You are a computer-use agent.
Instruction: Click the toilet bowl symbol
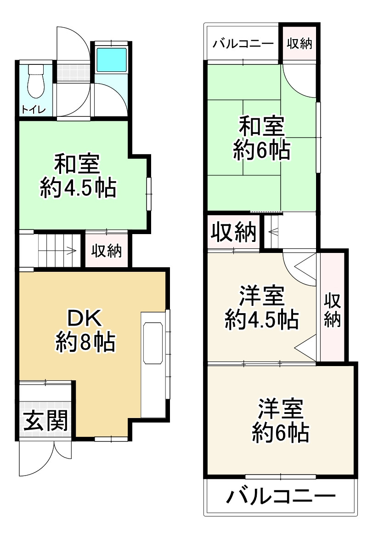point(35,81)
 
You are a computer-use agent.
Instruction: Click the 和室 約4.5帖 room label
point(77,176)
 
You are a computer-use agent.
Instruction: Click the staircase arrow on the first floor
point(57,251)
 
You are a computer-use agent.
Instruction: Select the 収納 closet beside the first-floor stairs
point(106,251)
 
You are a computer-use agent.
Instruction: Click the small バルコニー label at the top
point(243,44)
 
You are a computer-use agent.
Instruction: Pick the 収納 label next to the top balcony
point(300,44)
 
